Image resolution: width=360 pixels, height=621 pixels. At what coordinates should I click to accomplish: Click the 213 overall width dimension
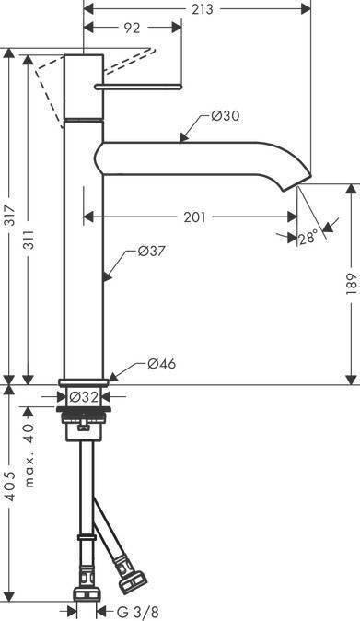click(x=203, y=8)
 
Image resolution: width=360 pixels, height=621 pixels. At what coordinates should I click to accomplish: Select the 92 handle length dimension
click(x=133, y=29)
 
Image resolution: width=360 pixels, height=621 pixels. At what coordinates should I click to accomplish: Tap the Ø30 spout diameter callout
click(x=225, y=116)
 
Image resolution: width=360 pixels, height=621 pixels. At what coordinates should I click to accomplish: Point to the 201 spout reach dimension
click(x=194, y=217)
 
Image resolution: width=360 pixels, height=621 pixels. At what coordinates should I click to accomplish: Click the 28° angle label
click(x=308, y=238)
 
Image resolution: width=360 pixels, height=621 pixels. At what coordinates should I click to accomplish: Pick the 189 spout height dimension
click(x=351, y=284)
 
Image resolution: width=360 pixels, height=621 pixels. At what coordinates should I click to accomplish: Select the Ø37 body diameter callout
click(x=151, y=252)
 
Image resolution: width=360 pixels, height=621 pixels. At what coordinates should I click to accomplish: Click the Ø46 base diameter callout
click(x=161, y=364)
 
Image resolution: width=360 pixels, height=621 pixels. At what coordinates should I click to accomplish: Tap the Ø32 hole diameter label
click(x=84, y=396)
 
